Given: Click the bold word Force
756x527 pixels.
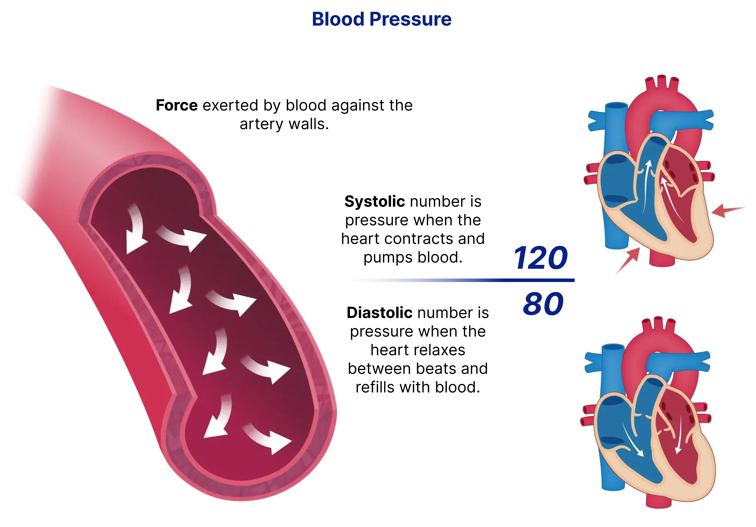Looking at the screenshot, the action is (177, 105).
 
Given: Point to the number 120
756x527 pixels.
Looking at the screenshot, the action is (540, 258).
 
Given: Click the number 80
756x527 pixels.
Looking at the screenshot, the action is (543, 304).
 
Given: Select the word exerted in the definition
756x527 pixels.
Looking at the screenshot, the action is (230, 105).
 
